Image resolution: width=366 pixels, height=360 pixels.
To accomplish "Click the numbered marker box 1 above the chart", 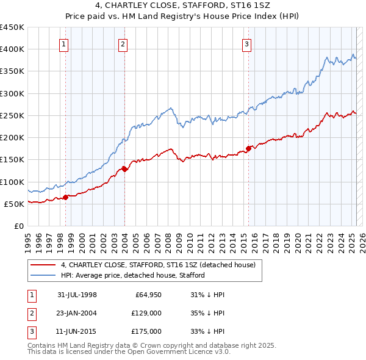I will [x=64, y=43].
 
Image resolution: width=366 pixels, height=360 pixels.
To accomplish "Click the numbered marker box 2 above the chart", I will [x=123, y=43].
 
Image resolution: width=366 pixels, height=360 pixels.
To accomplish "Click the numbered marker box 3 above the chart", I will [x=246, y=43].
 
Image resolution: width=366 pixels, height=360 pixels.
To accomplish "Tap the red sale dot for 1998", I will [x=65, y=197].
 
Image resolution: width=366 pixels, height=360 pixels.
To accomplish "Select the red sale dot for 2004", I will [x=124, y=169].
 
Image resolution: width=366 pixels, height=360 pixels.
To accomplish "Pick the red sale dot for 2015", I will [x=249, y=148].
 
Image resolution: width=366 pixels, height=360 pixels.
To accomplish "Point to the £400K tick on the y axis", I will [x=12, y=49].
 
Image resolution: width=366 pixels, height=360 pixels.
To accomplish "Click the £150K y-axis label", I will [x=12, y=160].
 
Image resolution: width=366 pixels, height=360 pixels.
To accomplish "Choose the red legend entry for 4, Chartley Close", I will [x=161, y=265].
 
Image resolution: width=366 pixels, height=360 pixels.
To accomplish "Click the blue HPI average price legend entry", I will [x=132, y=275].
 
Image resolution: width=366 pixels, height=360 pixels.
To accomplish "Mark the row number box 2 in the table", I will [x=31, y=314].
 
